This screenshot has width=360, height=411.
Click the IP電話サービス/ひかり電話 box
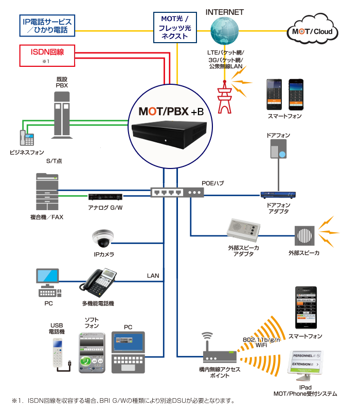point(47,26)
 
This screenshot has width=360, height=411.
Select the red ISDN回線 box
point(47,56)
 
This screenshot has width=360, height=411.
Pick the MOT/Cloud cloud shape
point(313,32)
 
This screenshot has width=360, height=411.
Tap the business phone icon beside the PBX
point(26,138)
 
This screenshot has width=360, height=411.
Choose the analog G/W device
point(105,197)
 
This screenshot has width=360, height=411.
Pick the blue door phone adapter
point(278,195)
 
